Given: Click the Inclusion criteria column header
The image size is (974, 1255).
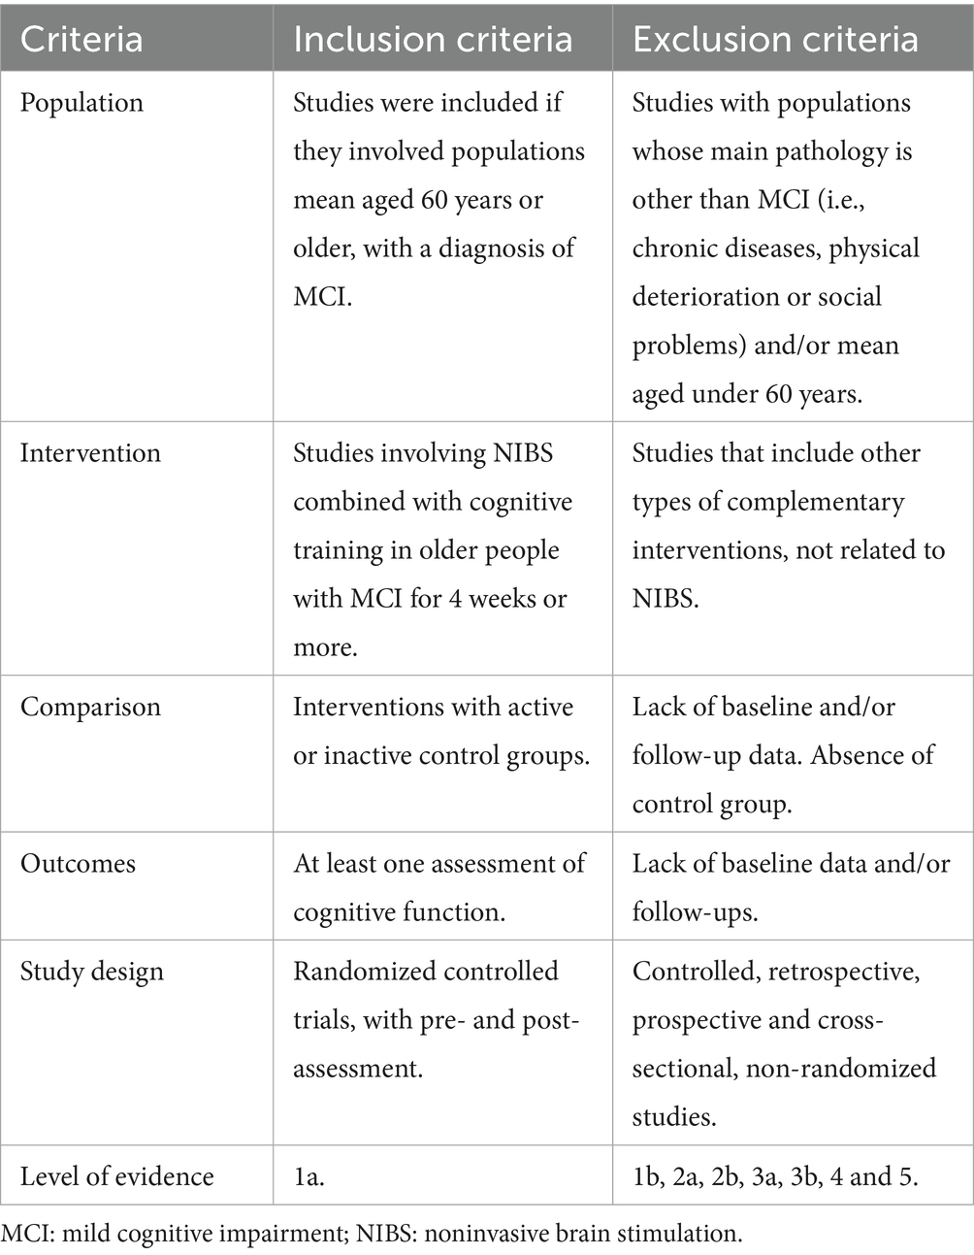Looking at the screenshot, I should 433,39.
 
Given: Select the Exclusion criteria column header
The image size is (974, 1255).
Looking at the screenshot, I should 775,39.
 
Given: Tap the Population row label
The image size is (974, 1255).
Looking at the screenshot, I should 81,103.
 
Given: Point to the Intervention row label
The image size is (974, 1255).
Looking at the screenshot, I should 90,453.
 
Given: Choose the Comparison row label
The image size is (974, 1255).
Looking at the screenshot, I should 90,707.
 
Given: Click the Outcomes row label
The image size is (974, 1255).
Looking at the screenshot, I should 78,864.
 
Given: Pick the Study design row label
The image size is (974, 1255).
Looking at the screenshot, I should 92,972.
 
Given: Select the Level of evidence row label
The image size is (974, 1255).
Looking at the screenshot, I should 116,1176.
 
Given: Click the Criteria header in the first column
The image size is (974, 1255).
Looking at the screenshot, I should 81,39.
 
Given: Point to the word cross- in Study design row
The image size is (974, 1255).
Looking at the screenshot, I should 850,1020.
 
